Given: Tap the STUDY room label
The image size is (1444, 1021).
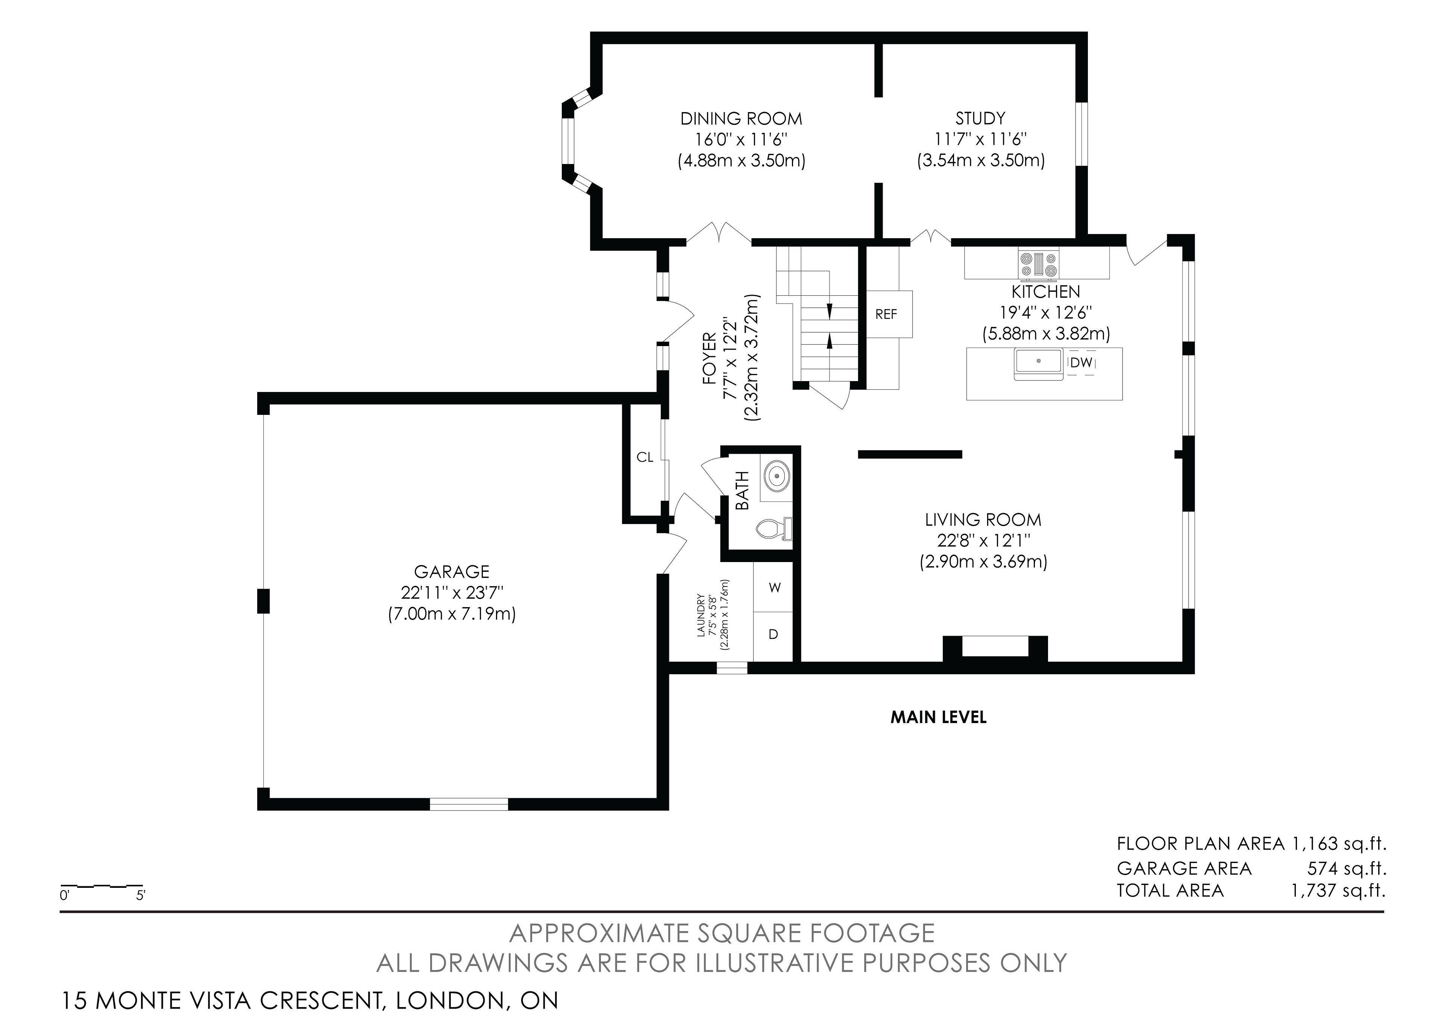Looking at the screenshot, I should [x=980, y=118].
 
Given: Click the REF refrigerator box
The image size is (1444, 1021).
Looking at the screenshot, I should [x=886, y=313].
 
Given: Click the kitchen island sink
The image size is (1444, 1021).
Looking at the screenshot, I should [x=1038, y=362].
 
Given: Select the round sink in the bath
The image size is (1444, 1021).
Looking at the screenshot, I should [x=777, y=475].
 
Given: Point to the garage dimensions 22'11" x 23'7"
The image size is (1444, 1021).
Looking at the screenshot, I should [x=452, y=593].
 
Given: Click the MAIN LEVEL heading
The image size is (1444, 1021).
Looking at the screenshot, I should [x=938, y=717].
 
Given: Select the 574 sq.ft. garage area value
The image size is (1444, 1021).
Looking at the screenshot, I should [x=1347, y=869].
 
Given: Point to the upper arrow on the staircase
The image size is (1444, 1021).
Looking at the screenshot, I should [x=830, y=310].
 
